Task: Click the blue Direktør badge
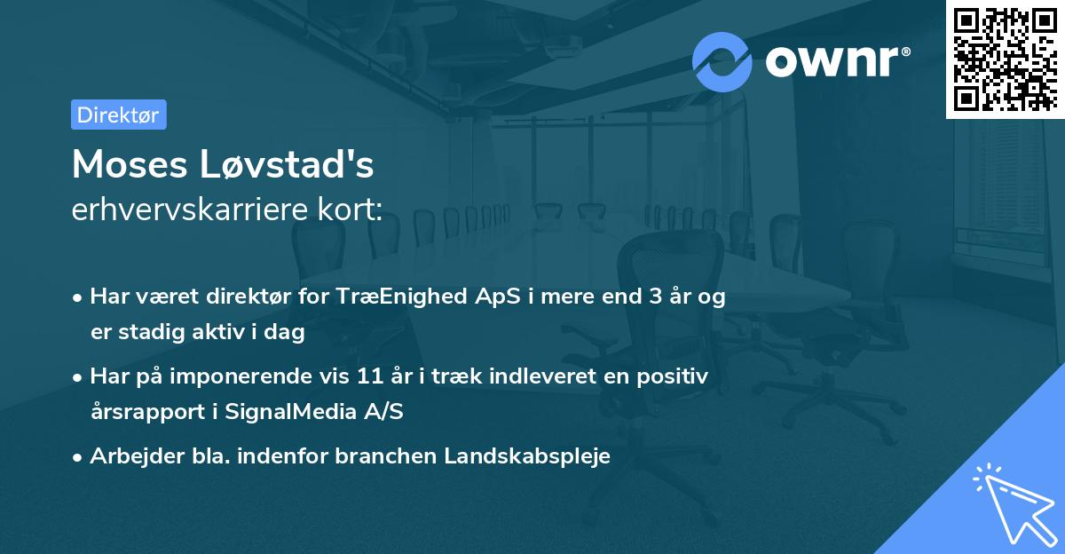[x=118, y=115]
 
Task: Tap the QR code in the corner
[x=1005, y=59]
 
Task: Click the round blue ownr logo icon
[x=722, y=61]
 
